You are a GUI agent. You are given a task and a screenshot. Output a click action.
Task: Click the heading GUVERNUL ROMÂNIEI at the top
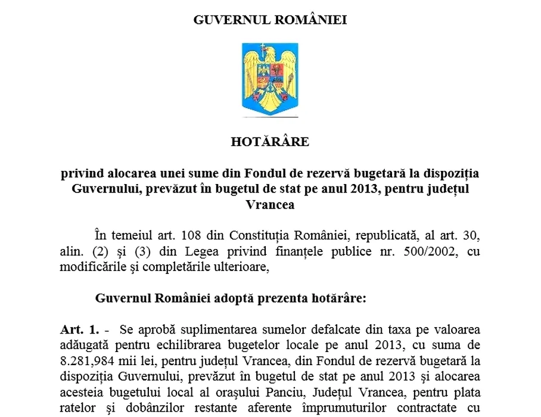(270, 20)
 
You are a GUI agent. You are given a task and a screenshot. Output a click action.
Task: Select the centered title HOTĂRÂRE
(270, 142)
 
